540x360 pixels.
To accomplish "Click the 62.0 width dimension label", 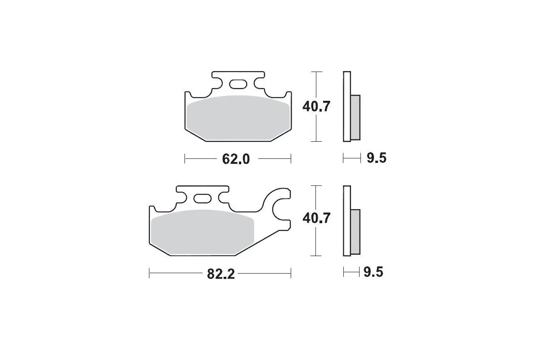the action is [236, 159].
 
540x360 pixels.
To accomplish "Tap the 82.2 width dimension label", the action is [220, 274].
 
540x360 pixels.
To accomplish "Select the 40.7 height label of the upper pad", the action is [316, 106].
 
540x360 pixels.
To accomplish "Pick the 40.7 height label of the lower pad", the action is [316, 218].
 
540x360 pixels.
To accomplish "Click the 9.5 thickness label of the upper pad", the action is [377, 158].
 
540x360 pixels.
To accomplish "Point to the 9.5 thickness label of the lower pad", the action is [373, 272].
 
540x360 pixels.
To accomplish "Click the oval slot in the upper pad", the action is [238, 84].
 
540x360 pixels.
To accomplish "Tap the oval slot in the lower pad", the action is [202, 198].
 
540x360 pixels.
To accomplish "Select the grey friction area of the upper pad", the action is [238, 118].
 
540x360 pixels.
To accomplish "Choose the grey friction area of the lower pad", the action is [202, 233].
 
